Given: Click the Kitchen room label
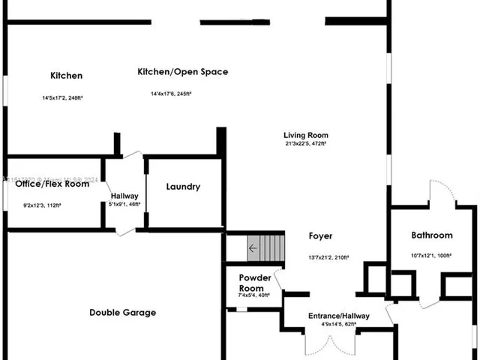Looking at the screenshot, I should tap(66, 76).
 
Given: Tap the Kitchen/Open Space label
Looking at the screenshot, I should tap(182, 72).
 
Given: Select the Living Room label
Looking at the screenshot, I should tap(306, 135).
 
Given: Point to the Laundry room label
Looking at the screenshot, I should tap(183, 187).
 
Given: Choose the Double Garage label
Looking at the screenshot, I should tap(122, 313).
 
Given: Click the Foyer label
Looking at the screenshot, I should tap(321, 236).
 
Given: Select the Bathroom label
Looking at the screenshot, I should tap(432, 235).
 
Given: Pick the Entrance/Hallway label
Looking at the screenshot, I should tap(340, 316).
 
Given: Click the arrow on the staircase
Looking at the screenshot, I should tap(253, 247).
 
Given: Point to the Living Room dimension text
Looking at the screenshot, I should tap(306, 144).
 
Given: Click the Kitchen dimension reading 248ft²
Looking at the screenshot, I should tap(74, 98).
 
